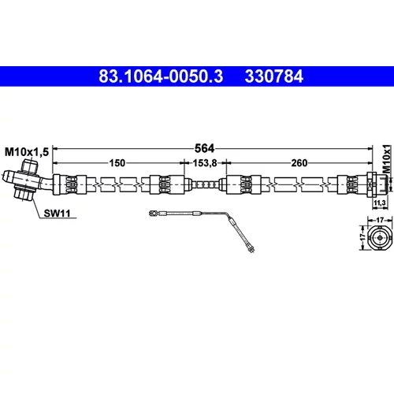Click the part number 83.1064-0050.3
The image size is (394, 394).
[161, 76]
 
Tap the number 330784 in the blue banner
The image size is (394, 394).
[274, 76]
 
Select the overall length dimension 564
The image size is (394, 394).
[204, 149]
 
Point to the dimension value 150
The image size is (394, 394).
[117, 163]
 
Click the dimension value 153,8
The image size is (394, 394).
[205, 163]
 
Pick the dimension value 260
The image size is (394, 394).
[299, 163]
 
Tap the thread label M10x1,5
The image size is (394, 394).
[27, 152]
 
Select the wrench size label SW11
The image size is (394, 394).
[57, 214]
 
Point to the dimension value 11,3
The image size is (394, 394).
[380, 203]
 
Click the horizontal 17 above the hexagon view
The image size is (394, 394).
[380, 220]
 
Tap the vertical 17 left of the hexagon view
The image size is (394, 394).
[362, 237]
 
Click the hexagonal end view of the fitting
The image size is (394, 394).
[380, 237]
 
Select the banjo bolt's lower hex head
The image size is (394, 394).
[24, 193]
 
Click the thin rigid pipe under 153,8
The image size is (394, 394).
[206, 184]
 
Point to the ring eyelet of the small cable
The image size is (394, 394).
[152, 214]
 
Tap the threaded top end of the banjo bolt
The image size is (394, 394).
[30, 166]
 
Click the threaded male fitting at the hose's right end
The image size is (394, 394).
[382, 184]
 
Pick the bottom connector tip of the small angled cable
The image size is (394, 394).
[251, 250]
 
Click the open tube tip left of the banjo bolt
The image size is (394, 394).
[7, 177]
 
